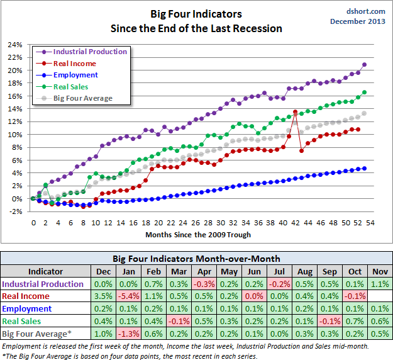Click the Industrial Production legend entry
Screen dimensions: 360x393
(90, 52)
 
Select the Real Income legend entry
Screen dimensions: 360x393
(75, 64)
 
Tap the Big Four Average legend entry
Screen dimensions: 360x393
(82, 98)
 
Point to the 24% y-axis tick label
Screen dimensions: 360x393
(14, 45)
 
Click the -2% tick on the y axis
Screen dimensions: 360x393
(14, 211)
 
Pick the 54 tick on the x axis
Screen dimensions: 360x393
(370, 223)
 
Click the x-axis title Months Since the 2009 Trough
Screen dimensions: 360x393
(198, 235)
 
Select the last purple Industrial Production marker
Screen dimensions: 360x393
(365, 65)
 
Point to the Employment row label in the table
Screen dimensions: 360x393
(28, 308)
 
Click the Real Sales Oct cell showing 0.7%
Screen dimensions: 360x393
(354, 320)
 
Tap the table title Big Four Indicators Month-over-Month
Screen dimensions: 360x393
(196, 258)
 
